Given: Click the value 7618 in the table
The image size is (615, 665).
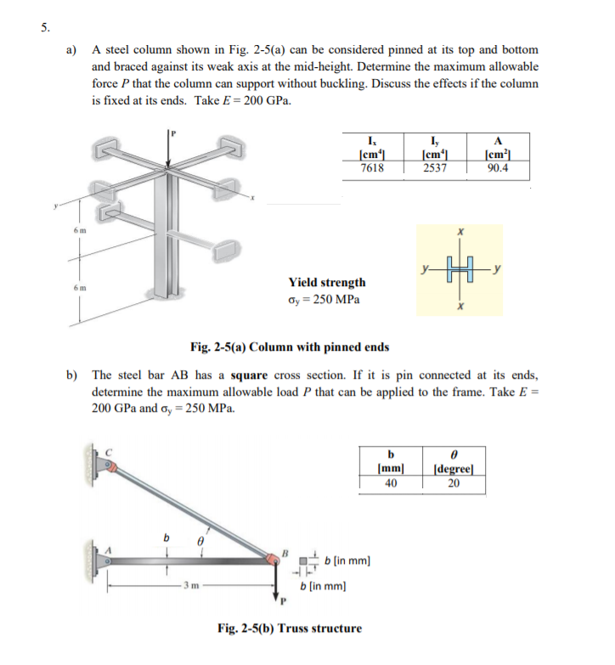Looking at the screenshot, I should (372, 168).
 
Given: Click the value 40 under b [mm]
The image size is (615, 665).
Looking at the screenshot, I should (390, 484).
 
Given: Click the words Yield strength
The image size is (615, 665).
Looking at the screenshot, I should (327, 282).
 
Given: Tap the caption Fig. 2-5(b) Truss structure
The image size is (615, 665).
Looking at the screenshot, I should (290, 628).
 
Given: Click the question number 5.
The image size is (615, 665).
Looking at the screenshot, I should (43, 26).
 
